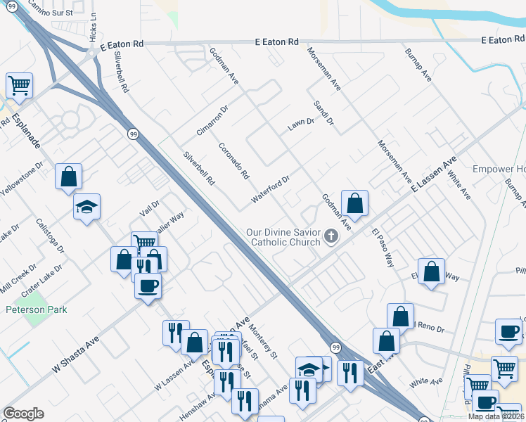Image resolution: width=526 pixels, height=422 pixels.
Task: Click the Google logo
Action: click(x=23, y=414)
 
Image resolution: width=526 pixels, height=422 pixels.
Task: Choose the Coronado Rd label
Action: click(x=233, y=160)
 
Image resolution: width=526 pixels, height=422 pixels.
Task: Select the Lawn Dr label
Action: click(x=300, y=124)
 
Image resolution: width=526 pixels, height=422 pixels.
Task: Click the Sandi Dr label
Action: click(x=323, y=113)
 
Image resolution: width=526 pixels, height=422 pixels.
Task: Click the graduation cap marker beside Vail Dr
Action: click(x=87, y=207)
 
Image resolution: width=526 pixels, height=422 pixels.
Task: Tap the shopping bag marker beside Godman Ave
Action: click(x=356, y=203)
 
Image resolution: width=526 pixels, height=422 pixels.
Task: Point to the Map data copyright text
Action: click(x=496, y=416)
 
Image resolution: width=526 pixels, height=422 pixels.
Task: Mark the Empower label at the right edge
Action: click(x=499, y=170)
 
